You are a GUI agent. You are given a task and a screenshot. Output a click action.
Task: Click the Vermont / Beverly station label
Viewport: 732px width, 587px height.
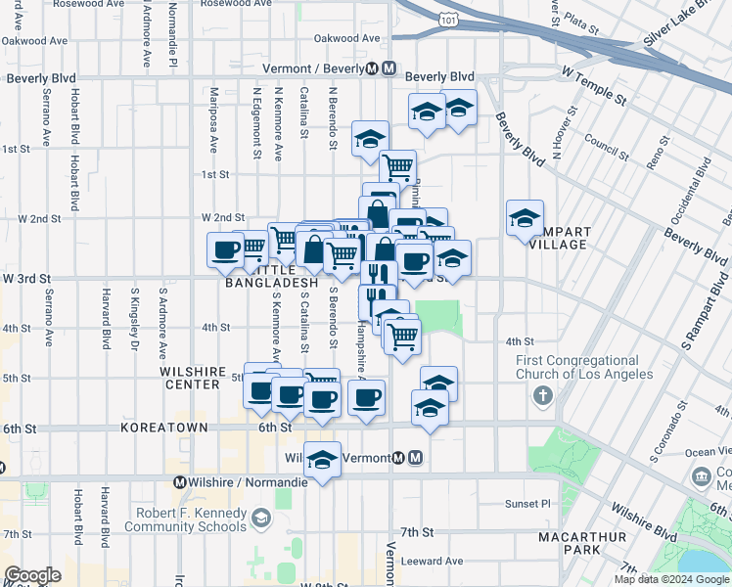(x=312, y=69)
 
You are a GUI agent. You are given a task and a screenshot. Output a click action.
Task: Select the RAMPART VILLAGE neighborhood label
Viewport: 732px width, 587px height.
(x=562, y=238)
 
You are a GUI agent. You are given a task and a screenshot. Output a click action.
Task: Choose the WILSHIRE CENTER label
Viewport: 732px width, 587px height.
(x=190, y=378)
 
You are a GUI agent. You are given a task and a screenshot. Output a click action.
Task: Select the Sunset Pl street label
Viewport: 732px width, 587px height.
(x=531, y=503)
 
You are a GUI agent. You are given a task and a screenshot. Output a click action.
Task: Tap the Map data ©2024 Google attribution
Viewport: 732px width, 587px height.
(x=670, y=579)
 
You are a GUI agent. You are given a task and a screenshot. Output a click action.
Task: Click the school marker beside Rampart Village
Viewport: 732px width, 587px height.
(x=525, y=217)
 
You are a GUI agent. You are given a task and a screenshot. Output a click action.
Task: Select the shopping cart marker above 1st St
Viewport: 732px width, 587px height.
(x=397, y=167)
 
